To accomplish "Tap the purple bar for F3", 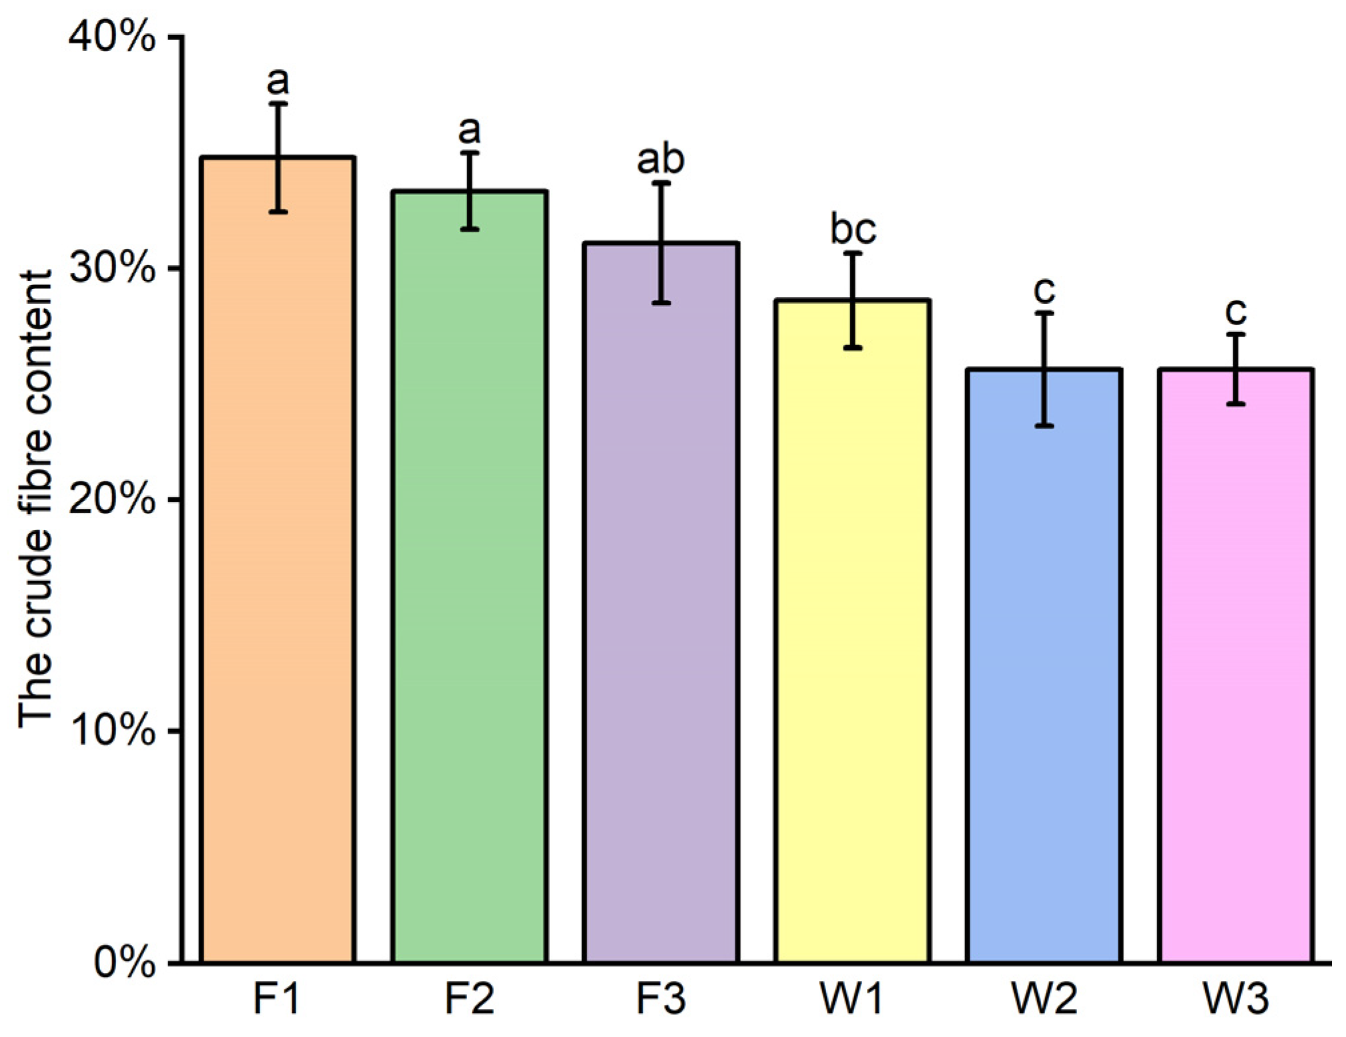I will [x=661, y=602].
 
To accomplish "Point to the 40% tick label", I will [x=112, y=39].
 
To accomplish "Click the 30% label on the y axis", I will [x=112, y=269].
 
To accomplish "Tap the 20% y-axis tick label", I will [x=112, y=500].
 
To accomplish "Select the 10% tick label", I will [x=112, y=732].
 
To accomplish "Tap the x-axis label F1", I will [x=277, y=999].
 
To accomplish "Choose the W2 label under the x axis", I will [x=1044, y=999].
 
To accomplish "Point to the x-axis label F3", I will [x=661, y=999].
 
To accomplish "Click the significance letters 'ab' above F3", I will [x=661, y=160].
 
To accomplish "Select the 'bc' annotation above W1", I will [x=853, y=230].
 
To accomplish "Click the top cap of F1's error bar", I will [x=278, y=104].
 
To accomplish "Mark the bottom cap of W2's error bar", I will [x=1044, y=425].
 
